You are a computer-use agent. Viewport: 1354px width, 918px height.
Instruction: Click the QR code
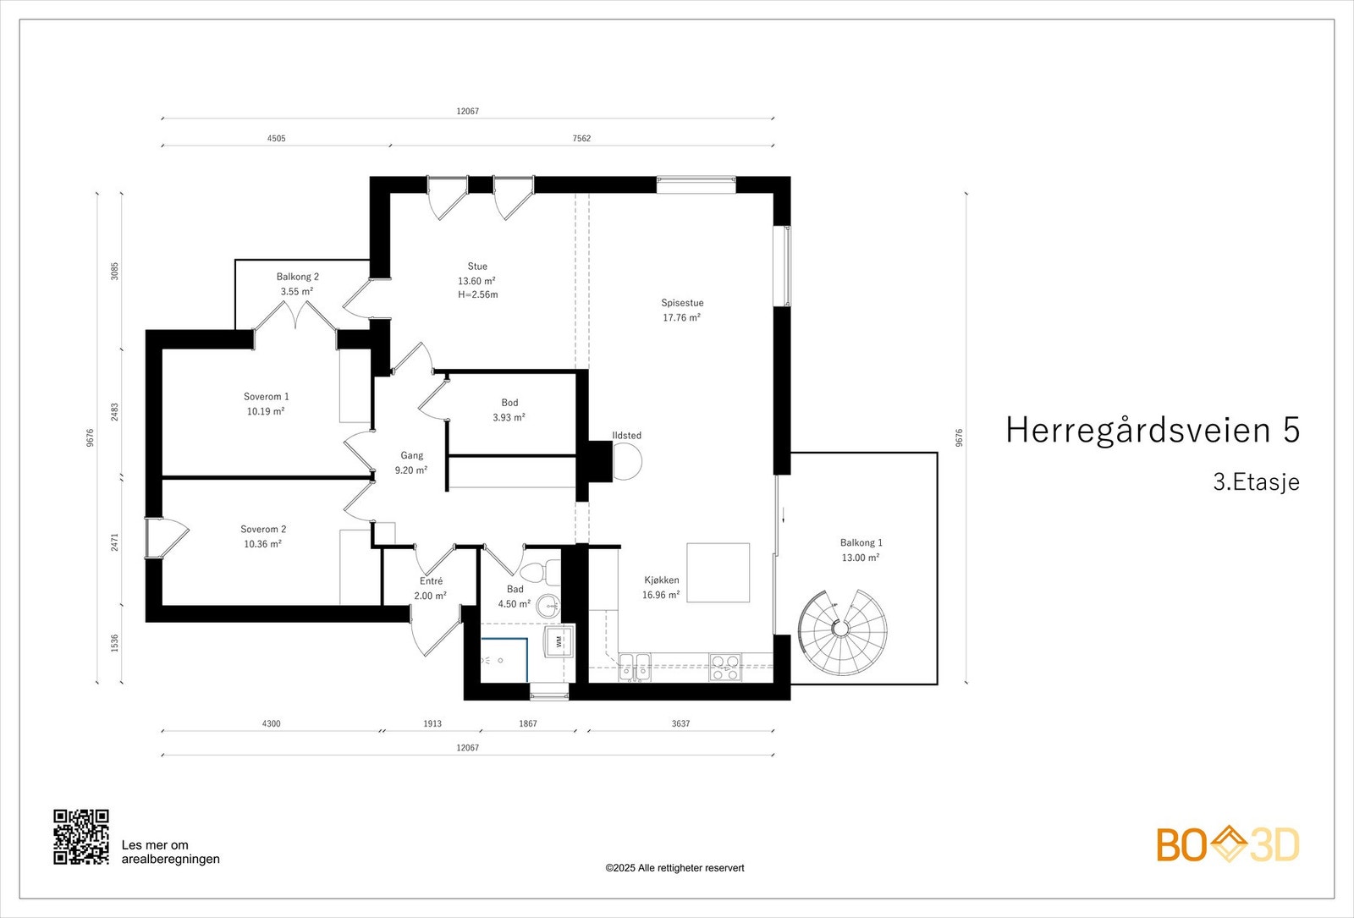[x=81, y=837]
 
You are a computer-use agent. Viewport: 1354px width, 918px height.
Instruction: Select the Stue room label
[x=477, y=267]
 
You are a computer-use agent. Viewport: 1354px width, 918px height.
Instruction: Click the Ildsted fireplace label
[x=627, y=436]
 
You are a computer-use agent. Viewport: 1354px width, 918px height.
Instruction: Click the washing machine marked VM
[x=559, y=640]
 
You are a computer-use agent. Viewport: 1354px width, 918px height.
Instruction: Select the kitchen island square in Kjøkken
[x=718, y=573]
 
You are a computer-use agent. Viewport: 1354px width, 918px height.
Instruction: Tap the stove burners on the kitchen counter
[x=724, y=668]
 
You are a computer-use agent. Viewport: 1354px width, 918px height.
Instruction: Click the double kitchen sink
[x=635, y=668]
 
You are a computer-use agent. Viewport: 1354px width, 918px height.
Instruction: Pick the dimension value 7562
[x=581, y=138]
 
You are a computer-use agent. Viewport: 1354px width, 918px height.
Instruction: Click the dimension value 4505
[x=276, y=138]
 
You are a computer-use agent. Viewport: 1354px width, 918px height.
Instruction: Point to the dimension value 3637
[x=680, y=723]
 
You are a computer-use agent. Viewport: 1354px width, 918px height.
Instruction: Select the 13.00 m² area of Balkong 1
[x=860, y=558]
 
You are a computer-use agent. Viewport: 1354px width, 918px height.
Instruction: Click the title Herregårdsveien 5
[x=1152, y=430]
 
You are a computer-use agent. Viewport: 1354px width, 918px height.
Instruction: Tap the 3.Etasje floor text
[x=1256, y=482]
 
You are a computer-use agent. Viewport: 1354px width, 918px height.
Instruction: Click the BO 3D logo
[x=1227, y=844]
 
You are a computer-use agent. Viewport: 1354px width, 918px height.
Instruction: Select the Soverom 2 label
[x=263, y=530]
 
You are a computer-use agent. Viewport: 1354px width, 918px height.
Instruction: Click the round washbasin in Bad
[x=548, y=604]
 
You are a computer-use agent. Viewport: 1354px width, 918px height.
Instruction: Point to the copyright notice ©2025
[x=674, y=868]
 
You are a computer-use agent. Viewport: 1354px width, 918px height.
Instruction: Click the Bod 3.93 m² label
[x=509, y=410]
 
